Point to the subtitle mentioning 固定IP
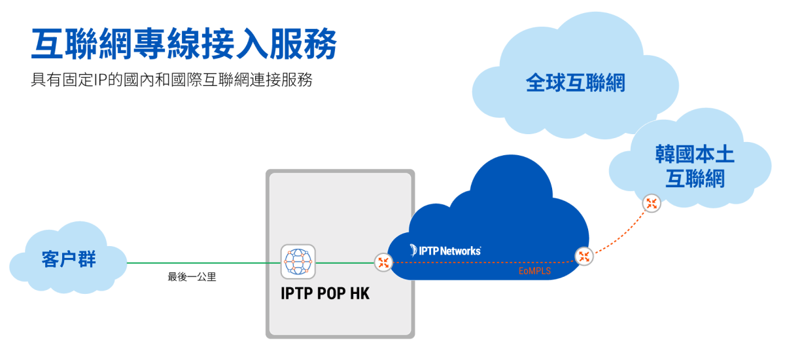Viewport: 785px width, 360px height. (x=171, y=81)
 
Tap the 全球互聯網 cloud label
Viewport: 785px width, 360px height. (x=576, y=82)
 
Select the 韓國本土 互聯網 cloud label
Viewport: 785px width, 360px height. (x=695, y=167)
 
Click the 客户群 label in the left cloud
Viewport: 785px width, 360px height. (x=69, y=259)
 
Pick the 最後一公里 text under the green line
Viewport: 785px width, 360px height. (x=192, y=277)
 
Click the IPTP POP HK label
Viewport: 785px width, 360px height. (x=325, y=294)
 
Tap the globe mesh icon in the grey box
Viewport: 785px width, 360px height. (x=298, y=262)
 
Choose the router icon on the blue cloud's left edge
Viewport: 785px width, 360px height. (x=383, y=262)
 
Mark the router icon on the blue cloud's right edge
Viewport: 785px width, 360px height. (x=584, y=257)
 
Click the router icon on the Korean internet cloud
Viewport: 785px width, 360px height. (x=651, y=204)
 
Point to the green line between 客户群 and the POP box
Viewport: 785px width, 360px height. (x=203, y=263)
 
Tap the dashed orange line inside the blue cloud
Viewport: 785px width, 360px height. (x=478, y=262)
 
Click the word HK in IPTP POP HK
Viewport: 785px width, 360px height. (x=360, y=294)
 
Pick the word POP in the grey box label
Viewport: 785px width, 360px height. (x=330, y=294)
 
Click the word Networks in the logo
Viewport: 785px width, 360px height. (x=461, y=251)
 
